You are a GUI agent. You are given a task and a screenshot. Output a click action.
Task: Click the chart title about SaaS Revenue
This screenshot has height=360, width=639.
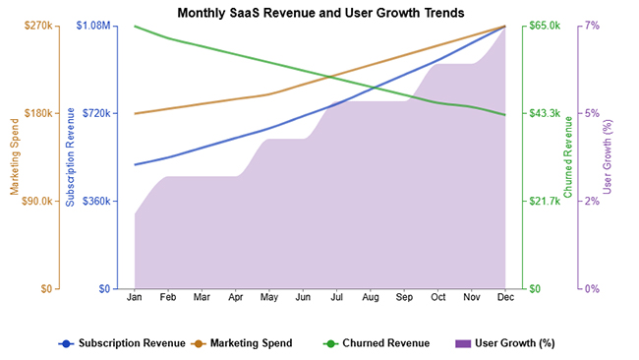320,12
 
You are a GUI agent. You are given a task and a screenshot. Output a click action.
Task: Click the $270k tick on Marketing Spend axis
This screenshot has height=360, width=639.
36,26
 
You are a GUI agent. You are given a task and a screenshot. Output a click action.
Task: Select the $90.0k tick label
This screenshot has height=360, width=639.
35,201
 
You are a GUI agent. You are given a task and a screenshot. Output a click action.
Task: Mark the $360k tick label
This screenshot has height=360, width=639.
96,201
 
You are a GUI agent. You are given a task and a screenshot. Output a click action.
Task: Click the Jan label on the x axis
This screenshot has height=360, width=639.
135,297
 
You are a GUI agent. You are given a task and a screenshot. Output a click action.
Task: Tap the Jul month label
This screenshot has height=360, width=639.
337,297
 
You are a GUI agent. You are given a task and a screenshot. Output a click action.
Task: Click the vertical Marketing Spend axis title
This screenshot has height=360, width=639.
15,157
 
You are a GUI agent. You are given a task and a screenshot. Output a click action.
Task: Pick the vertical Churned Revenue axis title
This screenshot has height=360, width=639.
568,157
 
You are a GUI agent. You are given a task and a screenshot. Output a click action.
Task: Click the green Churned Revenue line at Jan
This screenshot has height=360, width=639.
135,27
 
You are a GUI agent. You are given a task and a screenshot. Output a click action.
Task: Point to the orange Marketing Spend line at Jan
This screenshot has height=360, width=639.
135,113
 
